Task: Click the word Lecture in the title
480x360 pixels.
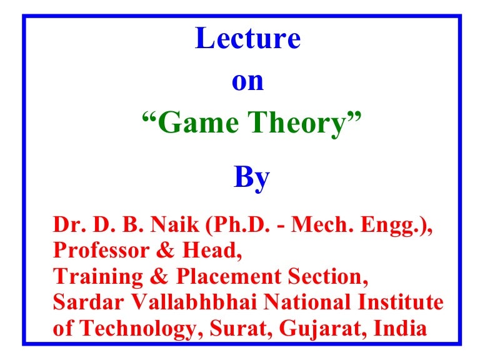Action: tap(248, 39)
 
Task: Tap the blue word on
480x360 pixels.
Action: tap(248, 81)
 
